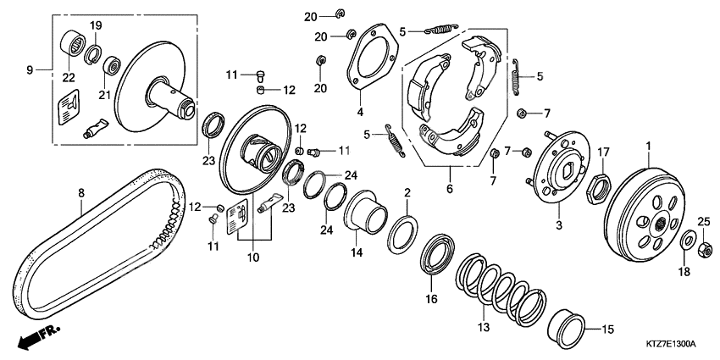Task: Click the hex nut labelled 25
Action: tap(705, 249)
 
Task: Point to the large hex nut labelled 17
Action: tap(599, 189)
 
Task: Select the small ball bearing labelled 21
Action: tap(111, 67)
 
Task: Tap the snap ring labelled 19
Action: tap(93, 54)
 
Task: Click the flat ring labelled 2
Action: tap(402, 233)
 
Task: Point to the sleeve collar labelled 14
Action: tap(366, 211)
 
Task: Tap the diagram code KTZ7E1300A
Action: tap(672, 344)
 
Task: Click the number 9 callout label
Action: tap(30, 70)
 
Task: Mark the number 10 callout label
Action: tap(253, 258)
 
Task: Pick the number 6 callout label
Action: tap(450, 189)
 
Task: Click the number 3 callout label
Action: tap(559, 226)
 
